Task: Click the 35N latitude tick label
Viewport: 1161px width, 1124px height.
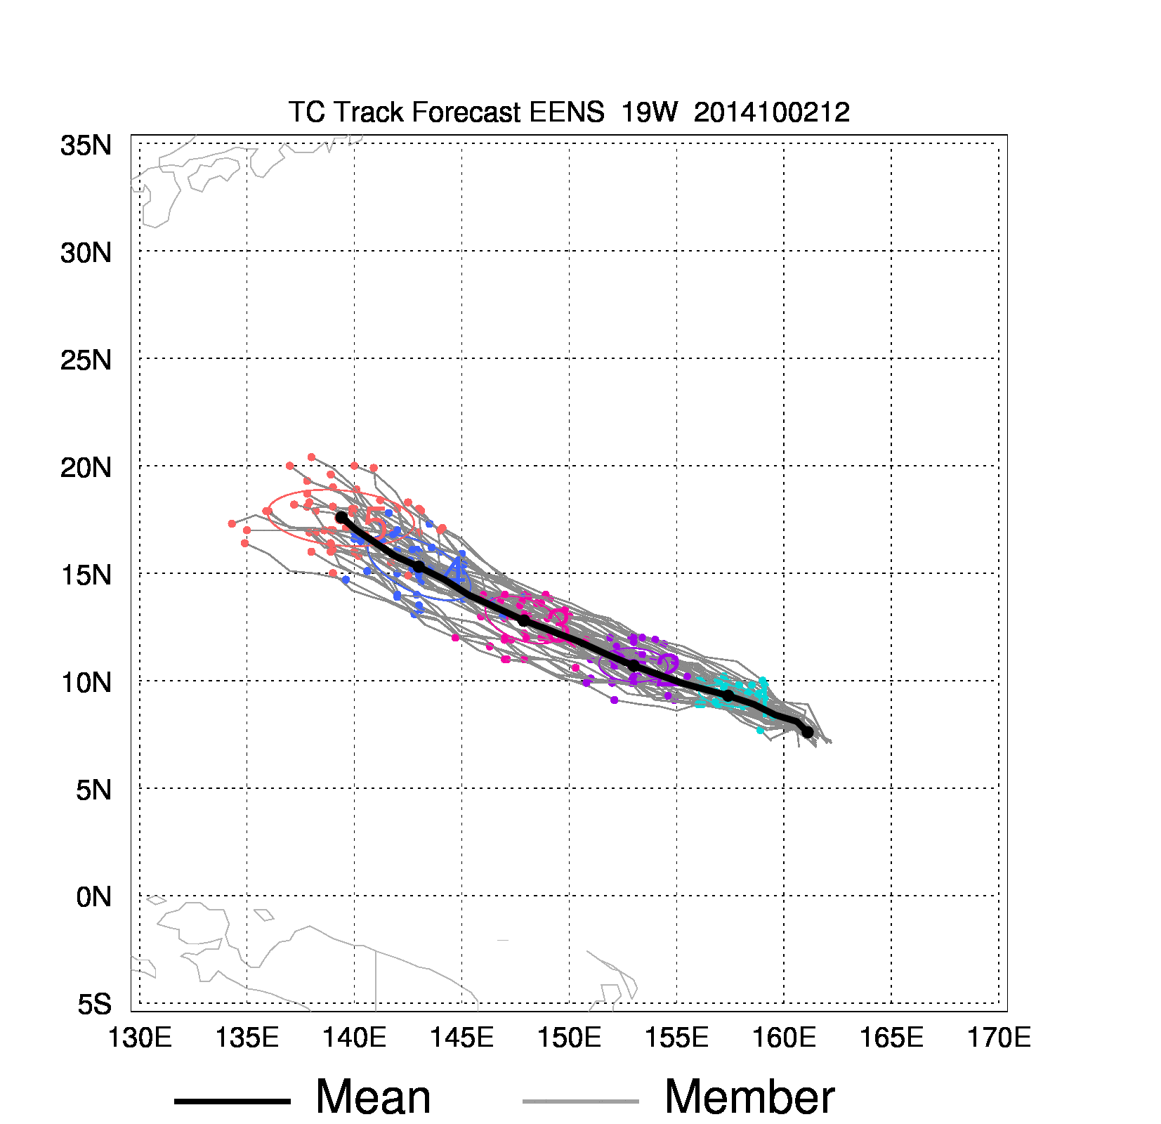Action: tap(86, 145)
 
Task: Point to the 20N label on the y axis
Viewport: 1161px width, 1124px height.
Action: tap(86, 467)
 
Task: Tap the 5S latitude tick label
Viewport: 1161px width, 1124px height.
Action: tap(94, 1005)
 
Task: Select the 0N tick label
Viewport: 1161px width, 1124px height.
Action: tap(93, 897)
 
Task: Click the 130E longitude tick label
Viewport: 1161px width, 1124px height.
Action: tap(139, 1038)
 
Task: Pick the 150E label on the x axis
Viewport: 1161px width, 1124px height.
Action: tap(569, 1038)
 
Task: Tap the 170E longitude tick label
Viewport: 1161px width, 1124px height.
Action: tap(999, 1038)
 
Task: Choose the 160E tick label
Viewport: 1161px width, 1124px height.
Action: tap(784, 1038)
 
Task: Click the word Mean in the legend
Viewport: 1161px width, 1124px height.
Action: tap(373, 1097)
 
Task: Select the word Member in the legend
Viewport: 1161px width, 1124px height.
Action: tap(749, 1097)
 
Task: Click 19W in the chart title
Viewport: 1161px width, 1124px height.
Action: tap(649, 112)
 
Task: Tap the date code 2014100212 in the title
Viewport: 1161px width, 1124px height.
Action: tap(771, 112)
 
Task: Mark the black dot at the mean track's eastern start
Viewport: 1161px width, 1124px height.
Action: tap(808, 732)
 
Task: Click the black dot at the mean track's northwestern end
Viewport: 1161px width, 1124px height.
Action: tap(341, 517)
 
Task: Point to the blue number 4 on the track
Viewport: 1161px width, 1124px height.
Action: tap(457, 570)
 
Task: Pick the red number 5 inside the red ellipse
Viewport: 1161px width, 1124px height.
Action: tap(375, 528)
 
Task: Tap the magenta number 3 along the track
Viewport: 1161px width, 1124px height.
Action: tap(558, 621)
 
